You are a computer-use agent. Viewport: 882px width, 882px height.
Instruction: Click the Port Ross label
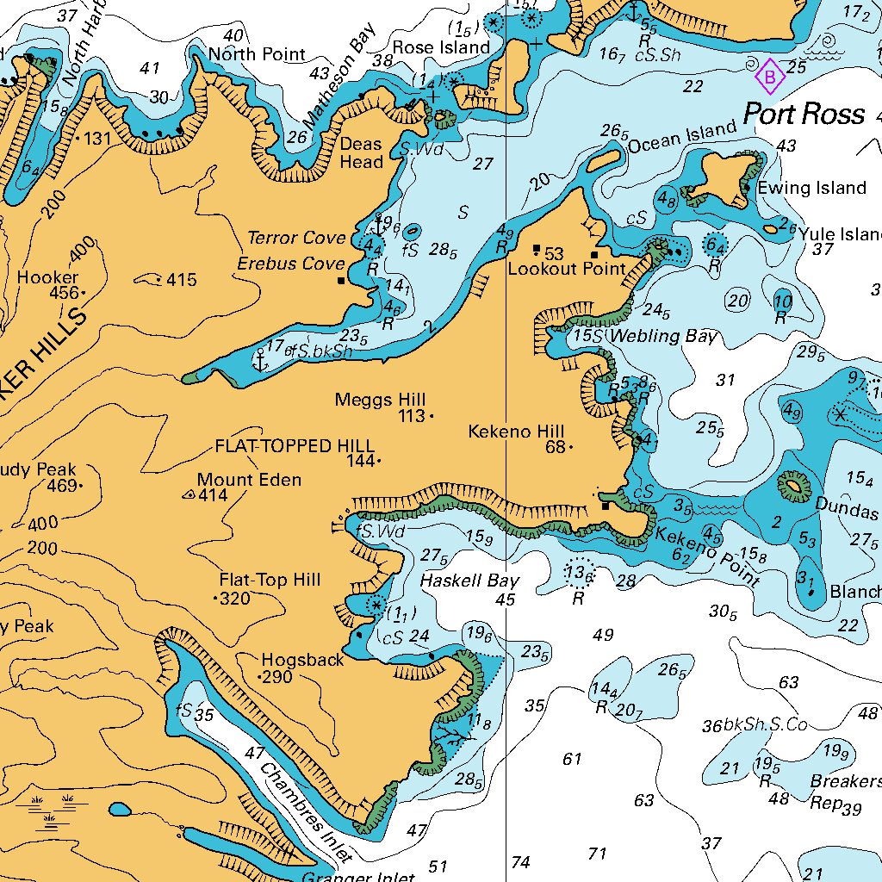pos(803,114)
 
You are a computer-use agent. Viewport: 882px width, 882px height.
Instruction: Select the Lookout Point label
pos(566,268)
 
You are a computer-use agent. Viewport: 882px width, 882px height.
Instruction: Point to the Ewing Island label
pos(811,188)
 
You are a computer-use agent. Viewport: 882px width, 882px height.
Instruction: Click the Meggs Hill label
pos(380,400)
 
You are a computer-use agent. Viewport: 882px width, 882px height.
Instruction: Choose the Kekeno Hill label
pos(516,431)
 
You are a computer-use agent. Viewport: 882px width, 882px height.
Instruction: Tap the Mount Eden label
pos(249,480)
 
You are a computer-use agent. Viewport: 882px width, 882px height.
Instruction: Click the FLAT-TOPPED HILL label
pos(295,445)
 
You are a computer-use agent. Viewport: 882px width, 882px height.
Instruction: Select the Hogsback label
pos(302,659)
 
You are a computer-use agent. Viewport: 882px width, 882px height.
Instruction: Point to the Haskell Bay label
pos(469,581)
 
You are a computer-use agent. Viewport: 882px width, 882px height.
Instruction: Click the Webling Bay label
pos(662,336)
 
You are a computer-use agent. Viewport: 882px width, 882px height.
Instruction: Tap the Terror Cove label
pos(296,238)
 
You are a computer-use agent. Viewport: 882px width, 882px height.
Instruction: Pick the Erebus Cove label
pos(293,264)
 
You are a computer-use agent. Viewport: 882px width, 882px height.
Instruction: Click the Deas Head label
pos(361,152)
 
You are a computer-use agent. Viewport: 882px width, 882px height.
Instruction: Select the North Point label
pos(257,54)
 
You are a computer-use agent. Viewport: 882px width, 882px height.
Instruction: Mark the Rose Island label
pos(440,47)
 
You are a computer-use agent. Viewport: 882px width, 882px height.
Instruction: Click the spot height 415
pos(182,280)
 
